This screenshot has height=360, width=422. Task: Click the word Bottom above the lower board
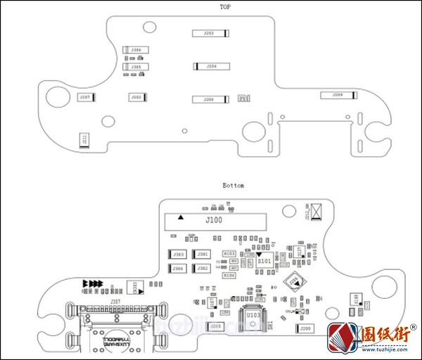pyautogui.click(x=234, y=186)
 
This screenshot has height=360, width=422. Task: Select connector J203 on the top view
pyautogui.click(x=210, y=33)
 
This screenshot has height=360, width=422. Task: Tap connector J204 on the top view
pyautogui.click(x=210, y=66)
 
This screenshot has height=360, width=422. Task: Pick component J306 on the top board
pyautogui.click(x=136, y=50)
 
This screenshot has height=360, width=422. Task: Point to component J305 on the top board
pyautogui.click(x=136, y=67)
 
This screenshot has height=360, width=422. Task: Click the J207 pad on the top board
pyautogui.click(x=85, y=97)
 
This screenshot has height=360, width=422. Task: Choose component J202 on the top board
pyautogui.click(x=136, y=97)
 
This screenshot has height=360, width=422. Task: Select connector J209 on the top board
pyautogui.click(x=337, y=94)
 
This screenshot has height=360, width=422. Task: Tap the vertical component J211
pyautogui.click(x=84, y=139)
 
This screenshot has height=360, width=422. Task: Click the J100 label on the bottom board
pyautogui.click(x=214, y=221)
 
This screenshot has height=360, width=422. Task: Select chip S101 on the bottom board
pyautogui.click(x=264, y=260)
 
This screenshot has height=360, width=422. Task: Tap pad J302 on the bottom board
pyautogui.click(x=203, y=269)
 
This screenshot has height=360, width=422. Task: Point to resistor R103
pyautogui.click(x=229, y=253)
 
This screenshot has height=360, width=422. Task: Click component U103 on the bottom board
pyautogui.click(x=253, y=316)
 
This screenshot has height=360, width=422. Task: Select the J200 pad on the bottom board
pyautogui.click(x=305, y=328)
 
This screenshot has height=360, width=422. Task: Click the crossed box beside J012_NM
pyautogui.click(x=316, y=210)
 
